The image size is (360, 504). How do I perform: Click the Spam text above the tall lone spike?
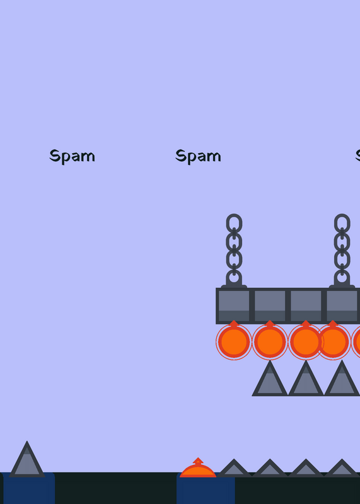coord(72,156)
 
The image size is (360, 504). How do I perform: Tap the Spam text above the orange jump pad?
coord(198,156)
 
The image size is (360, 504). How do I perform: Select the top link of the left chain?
coord(234,223)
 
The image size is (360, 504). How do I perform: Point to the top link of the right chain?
coord(342,223)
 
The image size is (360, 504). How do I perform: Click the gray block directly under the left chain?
coord(234,306)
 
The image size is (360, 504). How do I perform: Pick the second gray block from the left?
coord(270,306)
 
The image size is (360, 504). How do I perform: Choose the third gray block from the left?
coord(306,306)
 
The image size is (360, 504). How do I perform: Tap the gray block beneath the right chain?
coord(342,306)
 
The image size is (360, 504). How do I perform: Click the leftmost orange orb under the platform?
coord(234,341)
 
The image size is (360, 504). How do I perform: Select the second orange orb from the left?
coord(270,341)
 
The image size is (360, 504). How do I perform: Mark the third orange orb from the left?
coord(306,341)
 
